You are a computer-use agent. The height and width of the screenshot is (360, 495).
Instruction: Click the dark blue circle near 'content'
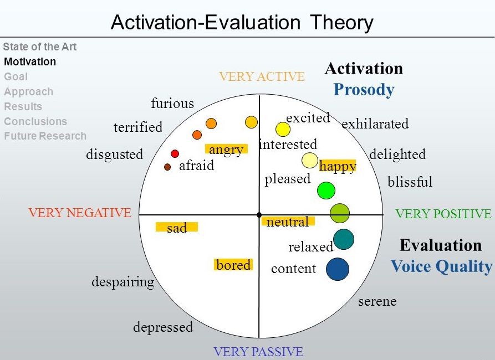338,269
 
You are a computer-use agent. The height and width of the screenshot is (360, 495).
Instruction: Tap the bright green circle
326,191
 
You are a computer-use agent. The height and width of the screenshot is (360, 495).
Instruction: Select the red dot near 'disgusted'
175,153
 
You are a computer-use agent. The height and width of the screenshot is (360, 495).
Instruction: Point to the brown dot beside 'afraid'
167,167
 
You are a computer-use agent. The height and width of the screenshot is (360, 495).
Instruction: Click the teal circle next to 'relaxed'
344,239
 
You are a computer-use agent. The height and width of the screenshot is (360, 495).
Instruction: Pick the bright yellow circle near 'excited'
283,130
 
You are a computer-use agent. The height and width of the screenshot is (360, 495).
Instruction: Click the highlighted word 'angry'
226,150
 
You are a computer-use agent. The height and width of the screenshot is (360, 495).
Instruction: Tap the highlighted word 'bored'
233,265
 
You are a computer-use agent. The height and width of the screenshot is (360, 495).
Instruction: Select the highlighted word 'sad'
177,228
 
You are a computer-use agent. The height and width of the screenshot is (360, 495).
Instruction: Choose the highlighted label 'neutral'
288,222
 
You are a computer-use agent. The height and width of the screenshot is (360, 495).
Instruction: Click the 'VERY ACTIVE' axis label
262,76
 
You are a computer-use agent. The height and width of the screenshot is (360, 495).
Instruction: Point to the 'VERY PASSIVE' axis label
258,352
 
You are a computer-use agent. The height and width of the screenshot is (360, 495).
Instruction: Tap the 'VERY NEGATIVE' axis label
80,213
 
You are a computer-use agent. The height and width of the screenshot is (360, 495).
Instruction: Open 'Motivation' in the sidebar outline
30,61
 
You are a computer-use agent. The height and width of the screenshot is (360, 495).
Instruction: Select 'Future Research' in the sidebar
45,136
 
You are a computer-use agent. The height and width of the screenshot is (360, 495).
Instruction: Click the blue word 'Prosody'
364,90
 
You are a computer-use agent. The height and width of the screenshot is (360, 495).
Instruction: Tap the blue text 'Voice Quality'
442,266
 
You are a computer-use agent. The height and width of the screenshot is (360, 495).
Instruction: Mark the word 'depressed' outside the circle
163,327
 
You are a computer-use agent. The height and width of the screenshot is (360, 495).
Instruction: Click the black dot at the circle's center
259,215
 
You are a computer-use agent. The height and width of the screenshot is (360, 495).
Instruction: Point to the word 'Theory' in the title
341,23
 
